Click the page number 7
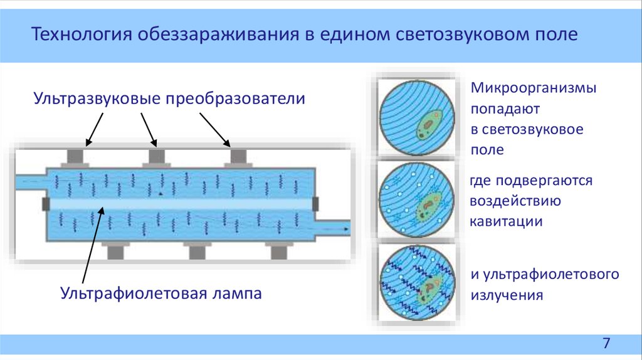click(x=606, y=343)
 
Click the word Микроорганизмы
click(x=534, y=88)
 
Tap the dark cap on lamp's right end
click(x=315, y=204)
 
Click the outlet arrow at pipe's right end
click(x=344, y=230)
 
